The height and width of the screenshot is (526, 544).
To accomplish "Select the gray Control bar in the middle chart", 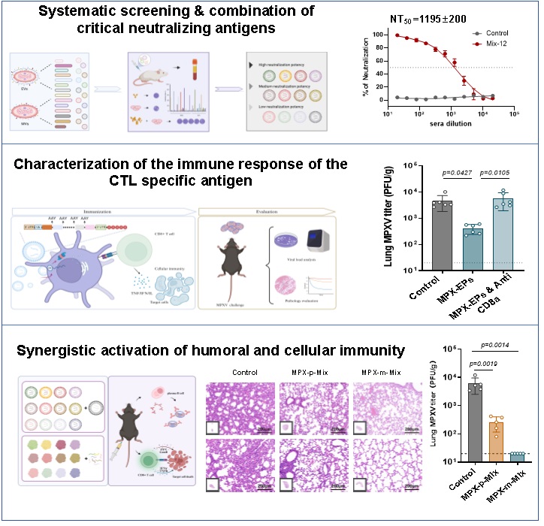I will click(x=441, y=234).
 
